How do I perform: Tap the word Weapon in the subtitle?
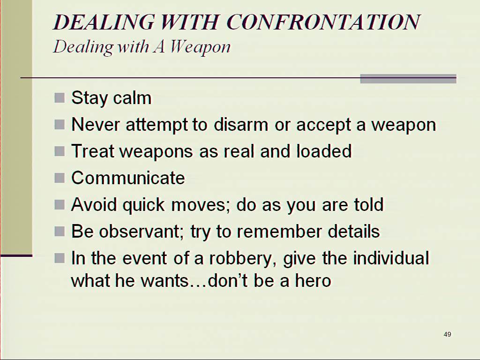coord(200,48)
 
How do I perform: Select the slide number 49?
coord(447,334)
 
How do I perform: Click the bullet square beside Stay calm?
coord(60,98)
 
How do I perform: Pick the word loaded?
coord(324,151)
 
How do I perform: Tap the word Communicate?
coord(128,178)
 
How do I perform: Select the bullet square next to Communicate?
coord(60,178)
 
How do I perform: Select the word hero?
coord(313,280)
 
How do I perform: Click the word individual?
coord(391,258)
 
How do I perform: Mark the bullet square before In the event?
coord(60,258)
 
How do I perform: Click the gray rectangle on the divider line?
coord(408,79)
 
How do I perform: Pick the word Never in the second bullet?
coord(96,125)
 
